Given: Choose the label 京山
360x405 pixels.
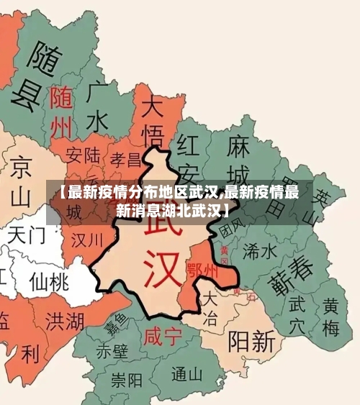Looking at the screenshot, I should (x=21, y=180).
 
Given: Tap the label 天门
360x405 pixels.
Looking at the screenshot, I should (x=27, y=234).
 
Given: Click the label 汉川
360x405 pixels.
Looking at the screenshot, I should (x=87, y=239).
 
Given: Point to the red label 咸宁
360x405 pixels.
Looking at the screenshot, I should (x=163, y=336).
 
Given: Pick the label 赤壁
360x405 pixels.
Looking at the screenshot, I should (x=112, y=351).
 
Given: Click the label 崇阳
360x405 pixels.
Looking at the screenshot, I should (x=127, y=379).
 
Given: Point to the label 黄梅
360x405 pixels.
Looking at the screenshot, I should (x=330, y=317).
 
